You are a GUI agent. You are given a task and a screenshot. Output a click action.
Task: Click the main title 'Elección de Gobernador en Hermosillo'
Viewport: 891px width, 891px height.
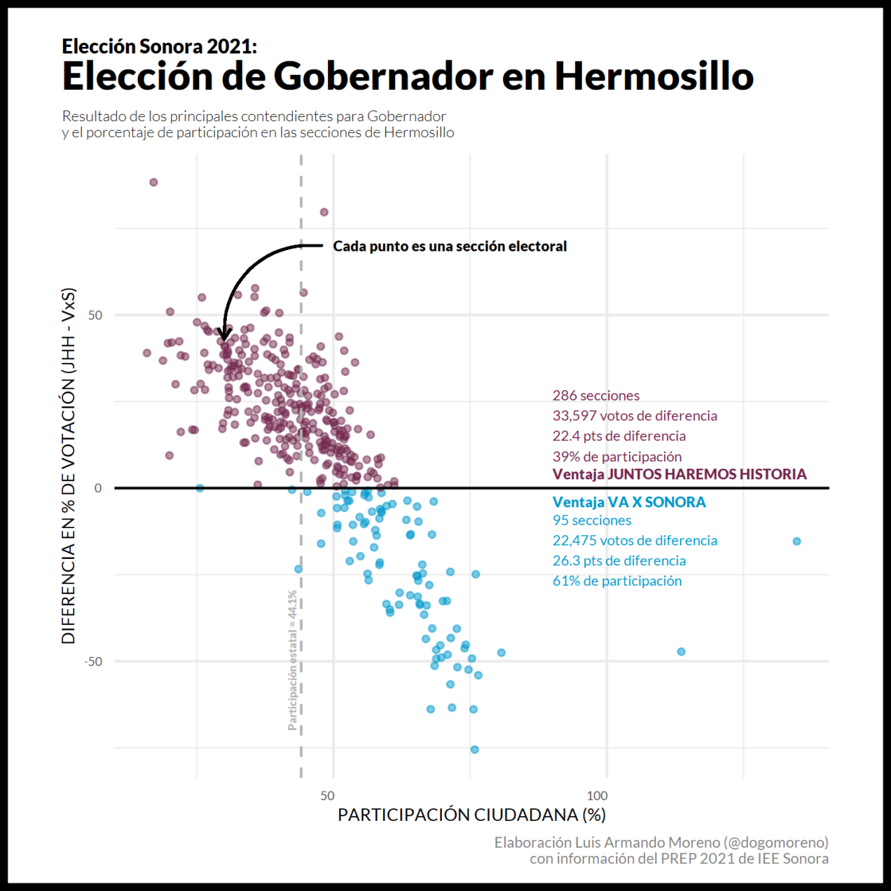point(408,76)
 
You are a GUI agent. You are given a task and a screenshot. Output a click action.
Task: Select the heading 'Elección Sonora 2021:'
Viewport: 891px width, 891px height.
point(159,46)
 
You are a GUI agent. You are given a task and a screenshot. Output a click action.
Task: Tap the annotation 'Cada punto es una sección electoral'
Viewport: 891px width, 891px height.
point(450,247)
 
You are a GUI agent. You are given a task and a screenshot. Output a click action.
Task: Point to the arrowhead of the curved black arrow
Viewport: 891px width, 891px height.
point(224,336)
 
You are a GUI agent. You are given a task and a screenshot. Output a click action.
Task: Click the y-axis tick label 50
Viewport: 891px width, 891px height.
point(95,315)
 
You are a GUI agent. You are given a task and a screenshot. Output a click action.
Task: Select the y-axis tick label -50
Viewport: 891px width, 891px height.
point(93,662)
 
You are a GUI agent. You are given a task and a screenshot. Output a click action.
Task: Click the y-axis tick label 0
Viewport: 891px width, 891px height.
point(98,488)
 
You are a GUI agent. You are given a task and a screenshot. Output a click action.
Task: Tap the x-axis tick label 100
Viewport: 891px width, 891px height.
point(597,796)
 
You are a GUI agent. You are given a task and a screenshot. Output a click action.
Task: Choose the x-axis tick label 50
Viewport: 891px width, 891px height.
point(327,796)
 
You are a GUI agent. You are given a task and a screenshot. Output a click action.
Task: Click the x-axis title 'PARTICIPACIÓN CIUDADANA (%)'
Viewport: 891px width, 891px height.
point(471,815)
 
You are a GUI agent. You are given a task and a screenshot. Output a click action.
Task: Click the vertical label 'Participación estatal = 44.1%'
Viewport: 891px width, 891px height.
point(293,660)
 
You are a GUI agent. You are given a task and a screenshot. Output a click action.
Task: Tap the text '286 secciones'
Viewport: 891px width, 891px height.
point(595,396)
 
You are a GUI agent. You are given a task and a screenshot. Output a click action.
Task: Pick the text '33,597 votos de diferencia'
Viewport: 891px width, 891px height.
point(635,416)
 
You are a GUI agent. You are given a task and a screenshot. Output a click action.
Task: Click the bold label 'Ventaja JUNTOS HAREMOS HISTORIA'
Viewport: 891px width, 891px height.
point(679,474)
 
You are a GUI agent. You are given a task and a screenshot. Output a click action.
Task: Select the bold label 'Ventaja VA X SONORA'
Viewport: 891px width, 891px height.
point(628,502)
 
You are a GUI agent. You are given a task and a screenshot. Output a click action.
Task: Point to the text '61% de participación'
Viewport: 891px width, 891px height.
point(616,581)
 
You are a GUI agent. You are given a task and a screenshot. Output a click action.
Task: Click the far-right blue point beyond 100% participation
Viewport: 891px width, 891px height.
point(796,541)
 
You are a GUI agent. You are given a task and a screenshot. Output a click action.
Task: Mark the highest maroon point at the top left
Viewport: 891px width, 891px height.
point(153,183)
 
